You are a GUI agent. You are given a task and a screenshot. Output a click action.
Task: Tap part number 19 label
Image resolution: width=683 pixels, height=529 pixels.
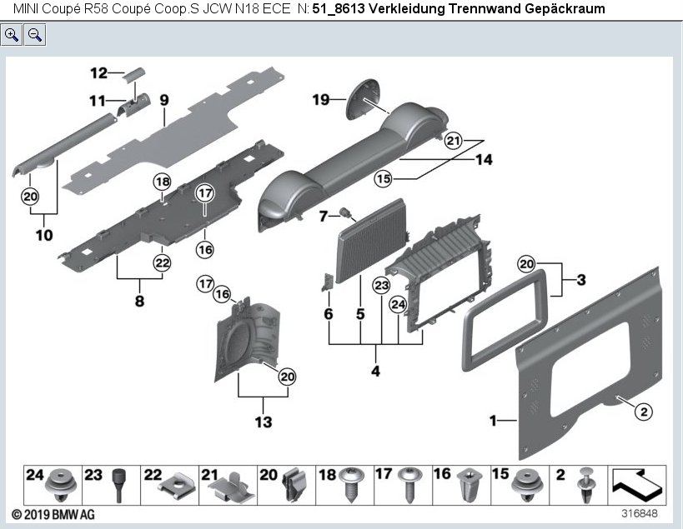tap(321, 100)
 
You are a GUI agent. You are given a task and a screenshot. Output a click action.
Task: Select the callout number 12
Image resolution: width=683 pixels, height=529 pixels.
tap(99, 72)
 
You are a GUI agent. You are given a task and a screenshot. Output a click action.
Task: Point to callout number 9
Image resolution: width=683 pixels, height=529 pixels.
tap(164, 100)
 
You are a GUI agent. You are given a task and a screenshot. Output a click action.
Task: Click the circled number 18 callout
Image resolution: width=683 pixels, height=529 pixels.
tap(161, 182)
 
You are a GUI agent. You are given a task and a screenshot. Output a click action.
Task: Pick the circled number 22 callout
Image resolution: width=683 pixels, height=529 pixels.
tap(161, 262)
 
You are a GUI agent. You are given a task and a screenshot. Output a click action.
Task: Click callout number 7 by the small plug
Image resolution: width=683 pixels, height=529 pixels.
tap(324, 217)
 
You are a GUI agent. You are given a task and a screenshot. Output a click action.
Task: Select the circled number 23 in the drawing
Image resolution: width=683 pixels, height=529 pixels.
tap(381, 286)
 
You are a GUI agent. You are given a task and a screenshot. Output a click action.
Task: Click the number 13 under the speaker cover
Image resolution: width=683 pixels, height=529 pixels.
tap(263, 422)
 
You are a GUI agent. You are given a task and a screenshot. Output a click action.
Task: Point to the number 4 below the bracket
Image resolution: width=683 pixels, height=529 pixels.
tap(375, 371)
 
